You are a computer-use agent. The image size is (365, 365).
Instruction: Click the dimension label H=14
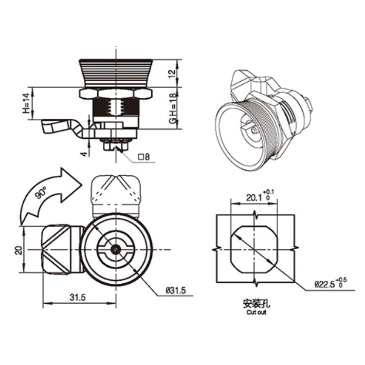26,104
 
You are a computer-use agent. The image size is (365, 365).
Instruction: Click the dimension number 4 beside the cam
84,153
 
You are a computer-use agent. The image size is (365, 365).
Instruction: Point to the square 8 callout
144,157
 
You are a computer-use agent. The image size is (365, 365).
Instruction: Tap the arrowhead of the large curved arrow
70,180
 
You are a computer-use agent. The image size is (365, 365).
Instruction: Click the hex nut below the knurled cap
116,92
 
